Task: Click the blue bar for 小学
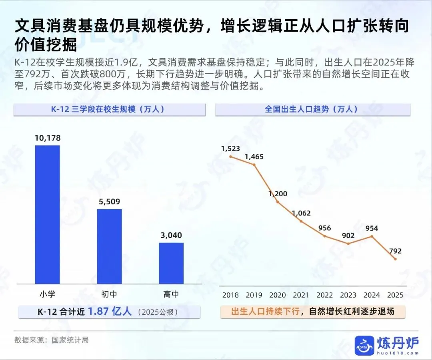coord(47,215)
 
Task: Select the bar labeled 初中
coord(109,246)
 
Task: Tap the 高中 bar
coord(171,263)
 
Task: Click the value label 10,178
coord(48,138)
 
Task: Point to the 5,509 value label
coord(109,202)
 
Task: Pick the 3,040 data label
coord(171,235)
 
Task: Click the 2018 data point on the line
coord(231,157)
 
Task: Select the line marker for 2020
coord(278,202)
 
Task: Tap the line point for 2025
coord(395,259)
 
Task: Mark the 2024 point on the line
coord(372,236)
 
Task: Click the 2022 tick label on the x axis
coord(324,295)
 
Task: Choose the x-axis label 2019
coord(254,295)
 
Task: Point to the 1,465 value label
coord(254,157)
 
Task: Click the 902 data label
coord(348,235)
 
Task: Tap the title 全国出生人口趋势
coord(297,109)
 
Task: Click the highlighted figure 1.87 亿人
coord(110,312)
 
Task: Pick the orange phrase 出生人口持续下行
coord(265,312)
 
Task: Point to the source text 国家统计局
coord(70,340)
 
